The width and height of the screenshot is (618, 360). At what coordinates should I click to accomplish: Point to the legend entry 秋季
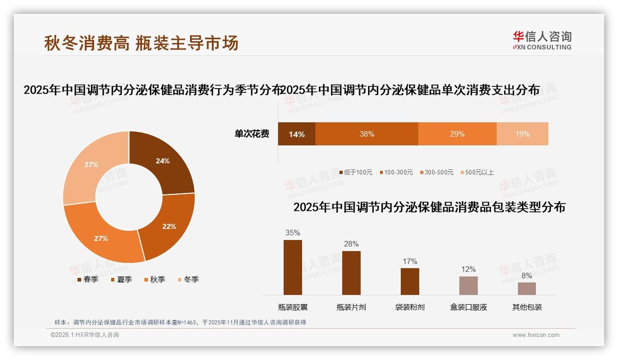point(154,279)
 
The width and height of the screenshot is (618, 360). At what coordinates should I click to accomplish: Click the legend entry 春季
point(88,279)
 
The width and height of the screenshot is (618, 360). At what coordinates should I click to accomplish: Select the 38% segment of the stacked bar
point(367,134)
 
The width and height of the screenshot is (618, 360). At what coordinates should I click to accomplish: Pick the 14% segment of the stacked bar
point(297,134)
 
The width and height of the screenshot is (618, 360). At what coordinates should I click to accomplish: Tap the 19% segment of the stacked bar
point(522,134)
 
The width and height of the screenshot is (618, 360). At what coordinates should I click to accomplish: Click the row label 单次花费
point(252,134)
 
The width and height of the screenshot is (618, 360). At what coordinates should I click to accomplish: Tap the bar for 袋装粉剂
point(410,281)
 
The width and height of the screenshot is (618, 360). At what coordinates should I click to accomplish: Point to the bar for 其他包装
point(527,288)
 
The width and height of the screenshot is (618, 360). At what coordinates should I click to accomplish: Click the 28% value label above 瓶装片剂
point(351,244)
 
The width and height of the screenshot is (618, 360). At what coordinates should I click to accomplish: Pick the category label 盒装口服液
point(468,307)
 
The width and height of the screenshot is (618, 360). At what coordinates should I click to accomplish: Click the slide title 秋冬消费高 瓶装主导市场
point(141,43)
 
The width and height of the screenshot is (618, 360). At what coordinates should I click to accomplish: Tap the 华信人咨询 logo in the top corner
point(542,40)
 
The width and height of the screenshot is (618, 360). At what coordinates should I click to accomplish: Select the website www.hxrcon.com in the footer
point(536,335)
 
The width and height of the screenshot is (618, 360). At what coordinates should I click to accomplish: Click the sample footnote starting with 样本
point(180,323)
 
